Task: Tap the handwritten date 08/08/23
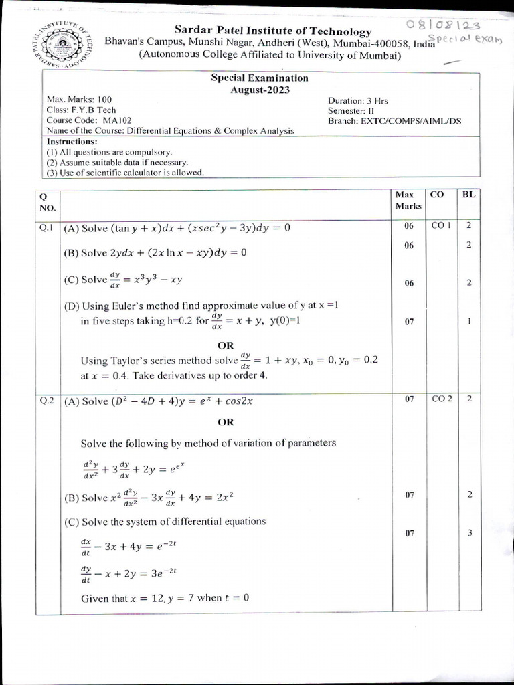click(443, 25)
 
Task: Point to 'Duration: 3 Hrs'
click(357, 100)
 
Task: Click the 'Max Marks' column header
click(404, 200)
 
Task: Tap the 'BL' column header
click(469, 195)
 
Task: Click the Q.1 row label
click(46, 227)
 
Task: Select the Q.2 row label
click(46, 401)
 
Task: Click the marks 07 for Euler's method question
click(409, 322)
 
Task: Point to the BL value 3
click(470, 533)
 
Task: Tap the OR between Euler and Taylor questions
click(226, 345)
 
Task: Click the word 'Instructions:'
click(72, 142)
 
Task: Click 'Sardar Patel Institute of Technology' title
click(272, 31)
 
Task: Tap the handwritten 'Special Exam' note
click(468, 39)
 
